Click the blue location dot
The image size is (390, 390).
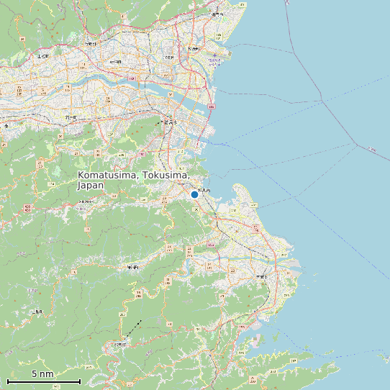(x=194, y=194)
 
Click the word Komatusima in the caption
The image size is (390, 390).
(x=108, y=176)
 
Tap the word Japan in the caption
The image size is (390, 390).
(x=91, y=185)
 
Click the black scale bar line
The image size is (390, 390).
(x=43, y=381)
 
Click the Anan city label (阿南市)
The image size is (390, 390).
(x=260, y=276)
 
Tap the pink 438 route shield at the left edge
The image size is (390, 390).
(x=27, y=207)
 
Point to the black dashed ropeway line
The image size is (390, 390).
(x=132, y=329)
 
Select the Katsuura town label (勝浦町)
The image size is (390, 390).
(x=133, y=267)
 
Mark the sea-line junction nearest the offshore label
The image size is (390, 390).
(x=358, y=144)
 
